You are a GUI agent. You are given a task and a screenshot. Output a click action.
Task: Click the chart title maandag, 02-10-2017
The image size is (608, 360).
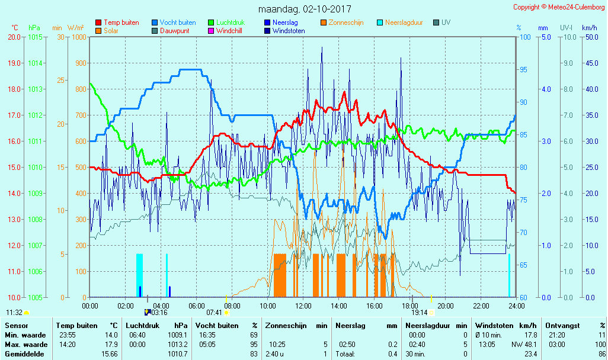point(305,9)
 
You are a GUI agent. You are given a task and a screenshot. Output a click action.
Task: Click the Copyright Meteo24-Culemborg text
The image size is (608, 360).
point(559,7)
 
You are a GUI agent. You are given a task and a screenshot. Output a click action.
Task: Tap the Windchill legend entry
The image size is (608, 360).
point(229,31)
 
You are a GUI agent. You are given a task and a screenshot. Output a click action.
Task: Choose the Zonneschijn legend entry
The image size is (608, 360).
point(346,22)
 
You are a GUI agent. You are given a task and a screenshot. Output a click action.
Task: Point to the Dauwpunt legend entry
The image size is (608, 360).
point(175,31)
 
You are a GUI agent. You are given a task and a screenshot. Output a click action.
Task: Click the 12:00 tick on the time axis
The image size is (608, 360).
point(303,306)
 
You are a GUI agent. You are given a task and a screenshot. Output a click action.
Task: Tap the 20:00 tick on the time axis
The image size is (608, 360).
point(446,306)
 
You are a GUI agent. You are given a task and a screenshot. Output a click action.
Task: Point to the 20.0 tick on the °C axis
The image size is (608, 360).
point(14,37)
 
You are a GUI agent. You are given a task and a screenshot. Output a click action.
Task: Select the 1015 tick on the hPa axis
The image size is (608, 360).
point(34,37)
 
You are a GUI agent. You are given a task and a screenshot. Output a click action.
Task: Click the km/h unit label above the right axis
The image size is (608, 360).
point(589,28)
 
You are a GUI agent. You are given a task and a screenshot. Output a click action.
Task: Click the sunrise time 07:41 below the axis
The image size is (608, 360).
point(214,312)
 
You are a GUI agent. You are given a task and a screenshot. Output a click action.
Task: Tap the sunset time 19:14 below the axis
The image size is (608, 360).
point(420,312)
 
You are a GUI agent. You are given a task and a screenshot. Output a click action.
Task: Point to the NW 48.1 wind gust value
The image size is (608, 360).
point(524,345)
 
